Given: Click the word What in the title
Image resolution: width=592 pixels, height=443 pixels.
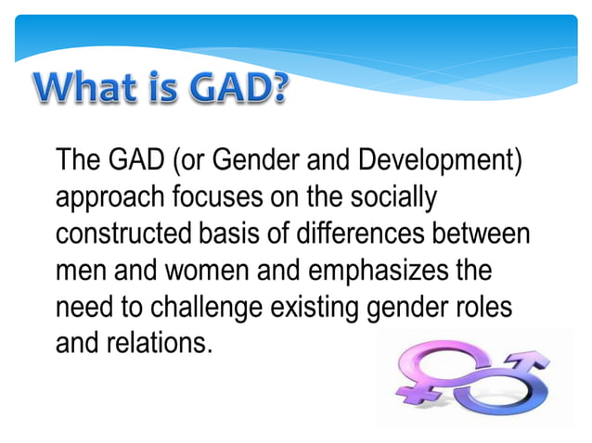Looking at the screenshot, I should point(86,89).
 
